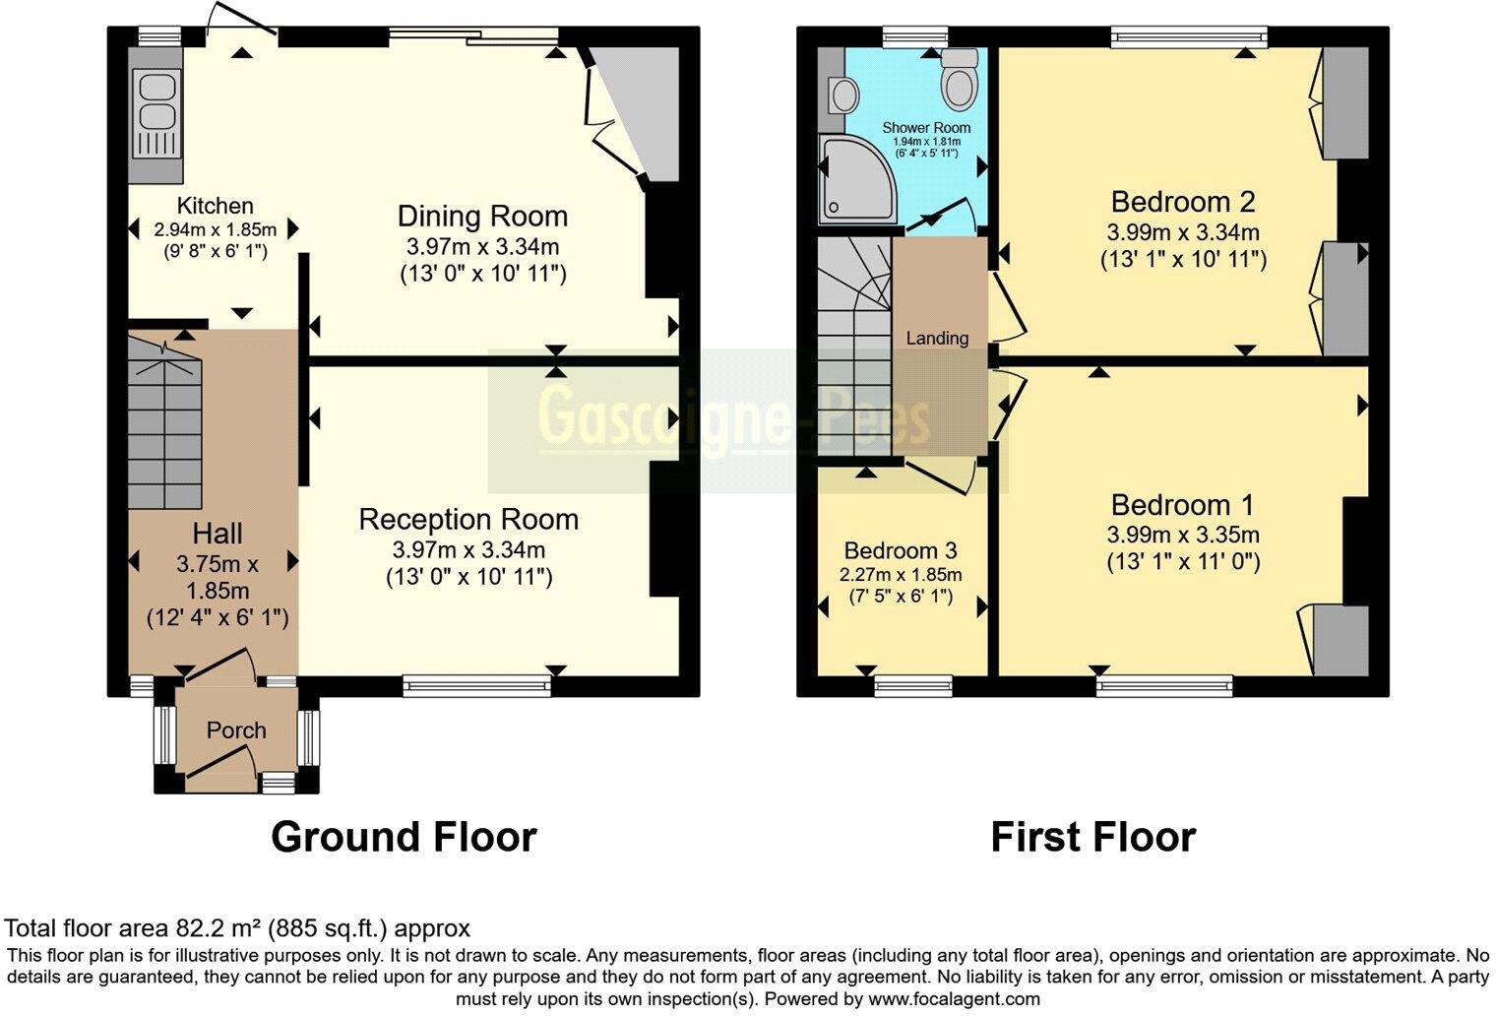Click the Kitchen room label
215,206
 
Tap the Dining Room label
482,217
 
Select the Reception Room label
468,520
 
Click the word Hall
218,534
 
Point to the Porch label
236,730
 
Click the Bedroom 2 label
1183,202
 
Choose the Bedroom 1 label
1183,505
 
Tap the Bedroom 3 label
901,551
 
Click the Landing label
937,339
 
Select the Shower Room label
926,128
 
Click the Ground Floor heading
404,837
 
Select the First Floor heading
1092,837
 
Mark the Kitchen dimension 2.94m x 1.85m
216,229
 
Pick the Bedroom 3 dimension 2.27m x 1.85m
901,575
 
